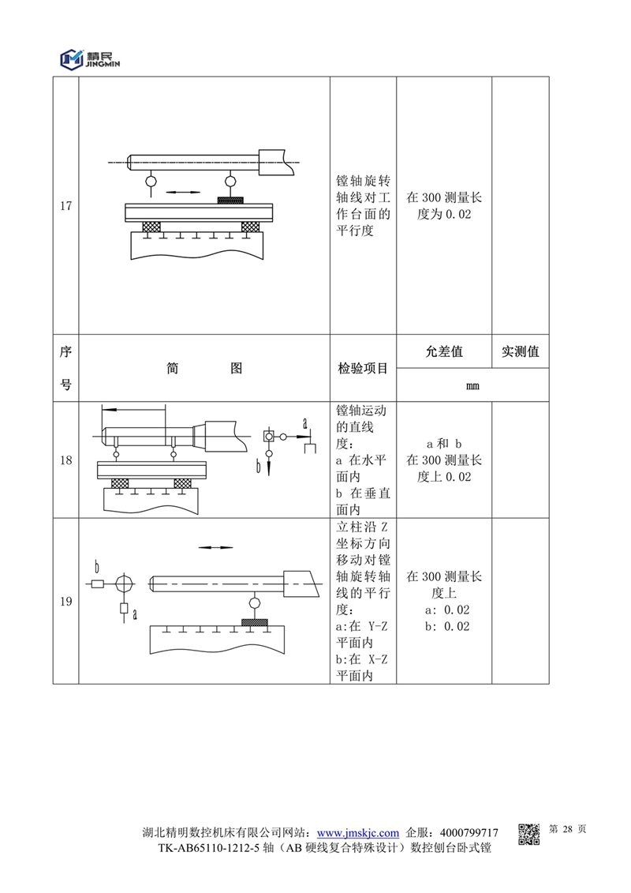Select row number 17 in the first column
65,206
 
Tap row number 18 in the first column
65,460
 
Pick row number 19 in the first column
65,602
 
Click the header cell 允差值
444,351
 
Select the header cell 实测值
520,351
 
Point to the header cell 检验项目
363,369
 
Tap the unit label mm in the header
472,387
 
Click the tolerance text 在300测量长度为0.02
444,205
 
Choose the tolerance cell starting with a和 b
444,460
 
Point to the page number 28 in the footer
566,830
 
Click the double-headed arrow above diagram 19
215,546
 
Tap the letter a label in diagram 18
304,424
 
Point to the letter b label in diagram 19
96,566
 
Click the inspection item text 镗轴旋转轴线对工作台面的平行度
363,205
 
